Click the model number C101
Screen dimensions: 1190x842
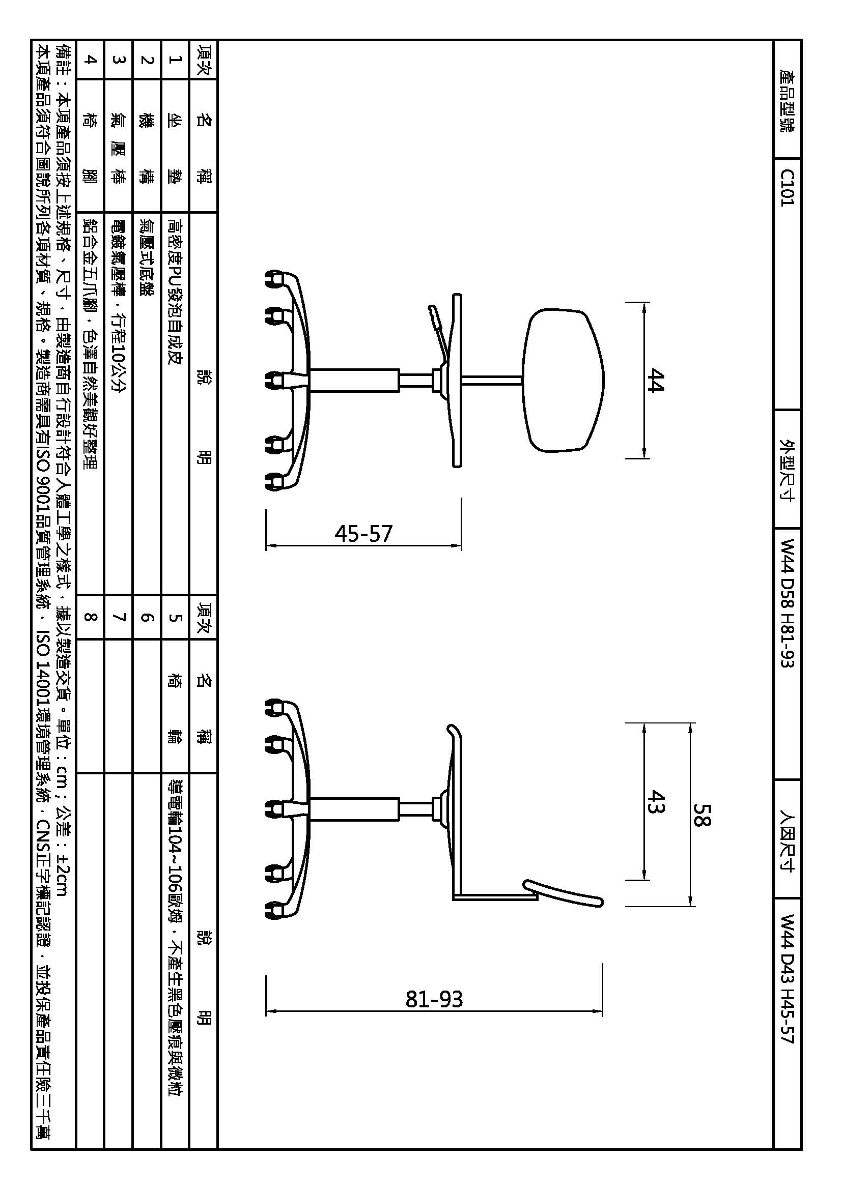click(787, 188)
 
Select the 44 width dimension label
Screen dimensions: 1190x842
click(655, 381)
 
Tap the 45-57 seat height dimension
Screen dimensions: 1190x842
click(363, 533)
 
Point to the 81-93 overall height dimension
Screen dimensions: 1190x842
click(434, 999)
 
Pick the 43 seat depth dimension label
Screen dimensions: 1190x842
click(656, 801)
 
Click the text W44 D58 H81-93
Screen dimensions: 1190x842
click(787, 603)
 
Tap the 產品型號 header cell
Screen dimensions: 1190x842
click(787, 100)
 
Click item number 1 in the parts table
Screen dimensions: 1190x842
click(175, 60)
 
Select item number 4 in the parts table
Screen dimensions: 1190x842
click(90, 60)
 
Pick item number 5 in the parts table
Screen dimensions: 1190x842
click(175, 617)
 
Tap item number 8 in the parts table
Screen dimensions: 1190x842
click(90, 617)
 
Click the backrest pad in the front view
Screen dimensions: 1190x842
click(564, 380)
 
